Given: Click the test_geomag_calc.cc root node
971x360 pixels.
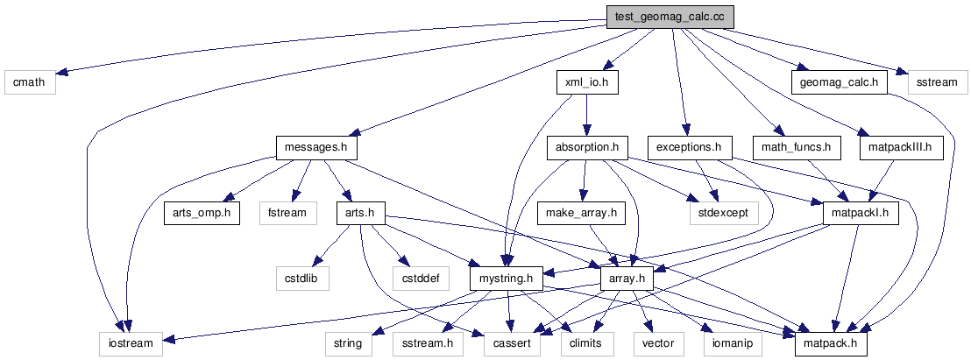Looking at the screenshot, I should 670,17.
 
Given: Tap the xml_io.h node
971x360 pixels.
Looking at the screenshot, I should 588,83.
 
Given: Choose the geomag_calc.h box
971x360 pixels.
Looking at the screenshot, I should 840,83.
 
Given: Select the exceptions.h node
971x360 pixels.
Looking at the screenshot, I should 690,147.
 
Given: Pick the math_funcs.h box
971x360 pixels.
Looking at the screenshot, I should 796,147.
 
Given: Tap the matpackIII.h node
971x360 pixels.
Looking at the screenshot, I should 901,147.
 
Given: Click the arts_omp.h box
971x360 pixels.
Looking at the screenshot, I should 202,213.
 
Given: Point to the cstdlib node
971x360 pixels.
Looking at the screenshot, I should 302,279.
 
